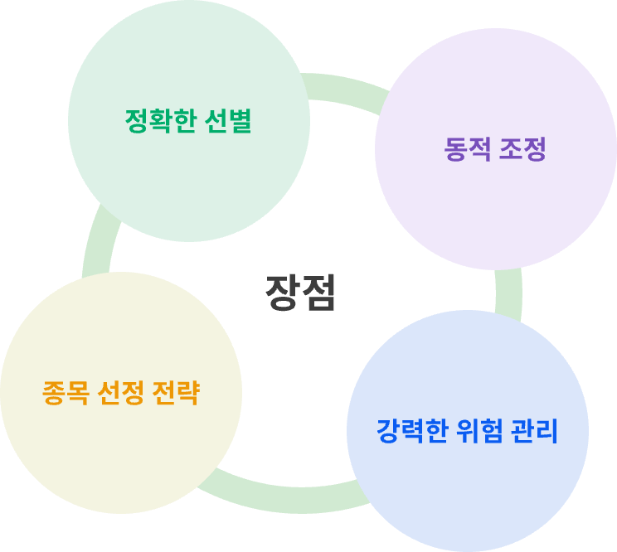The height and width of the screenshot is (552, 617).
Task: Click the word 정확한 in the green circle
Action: [x=161, y=121]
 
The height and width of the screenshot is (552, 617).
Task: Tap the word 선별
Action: [x=228, y=121]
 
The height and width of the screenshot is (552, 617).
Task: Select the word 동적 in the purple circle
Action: [x=468, y=149]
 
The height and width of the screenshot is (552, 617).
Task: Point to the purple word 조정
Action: [x=522, y=149]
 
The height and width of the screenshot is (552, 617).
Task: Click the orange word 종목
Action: [x=66, y=393]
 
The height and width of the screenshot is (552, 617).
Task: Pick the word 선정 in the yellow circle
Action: [x=120, y=393]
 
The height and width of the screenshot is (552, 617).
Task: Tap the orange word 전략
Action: [x=176, y=393]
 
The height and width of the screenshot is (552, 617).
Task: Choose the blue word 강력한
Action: [x=412, y=431]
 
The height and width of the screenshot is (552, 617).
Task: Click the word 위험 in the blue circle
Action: [x=479, y=431]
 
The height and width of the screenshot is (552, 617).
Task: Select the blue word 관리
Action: [x=534, y=431]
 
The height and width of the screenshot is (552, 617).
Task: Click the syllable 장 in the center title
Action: [x=282, y=293]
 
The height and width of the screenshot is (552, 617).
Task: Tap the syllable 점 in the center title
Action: [x=318, y=293]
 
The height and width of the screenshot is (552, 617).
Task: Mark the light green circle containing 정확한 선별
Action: [x=189, y=121]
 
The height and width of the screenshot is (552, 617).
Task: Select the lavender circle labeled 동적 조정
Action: [x=496, y=149]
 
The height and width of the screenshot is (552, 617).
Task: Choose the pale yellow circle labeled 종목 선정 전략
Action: [x=121, y=393]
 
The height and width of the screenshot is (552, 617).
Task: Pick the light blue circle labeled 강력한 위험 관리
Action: [x=468, y=431]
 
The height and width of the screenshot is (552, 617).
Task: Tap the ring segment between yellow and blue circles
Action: [x=284, y=498]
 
